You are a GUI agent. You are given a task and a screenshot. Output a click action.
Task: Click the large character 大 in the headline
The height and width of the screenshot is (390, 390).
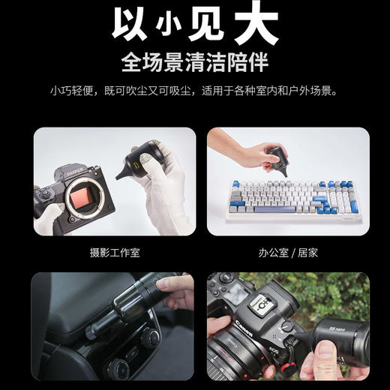[251, 23]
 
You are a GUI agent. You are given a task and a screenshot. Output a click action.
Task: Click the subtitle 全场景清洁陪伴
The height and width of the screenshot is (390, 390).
[195, 61]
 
